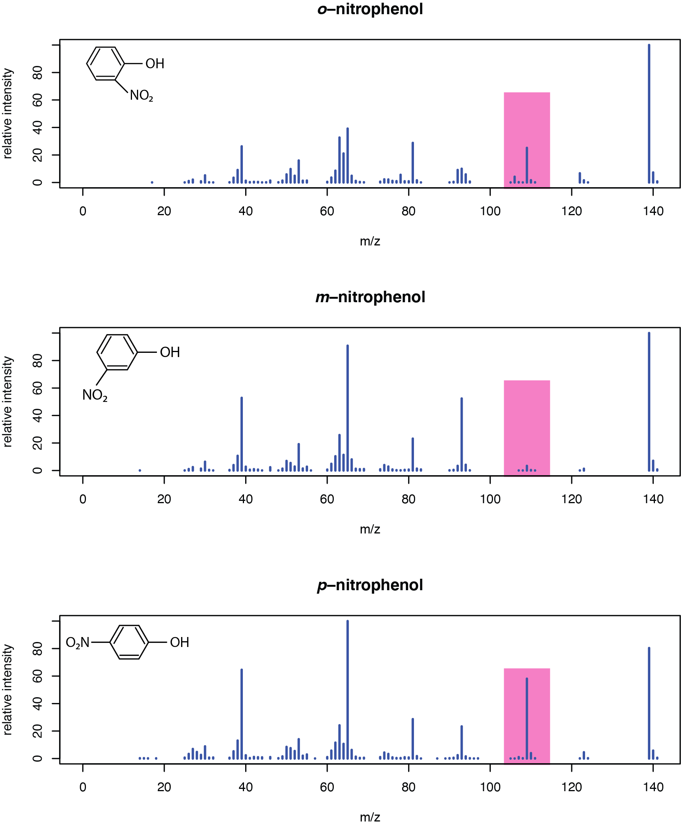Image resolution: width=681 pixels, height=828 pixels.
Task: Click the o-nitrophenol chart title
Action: (370, 9)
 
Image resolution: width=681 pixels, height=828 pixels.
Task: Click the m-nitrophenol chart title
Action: (370, 297)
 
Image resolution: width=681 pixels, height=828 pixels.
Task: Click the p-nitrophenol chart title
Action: (370, 585)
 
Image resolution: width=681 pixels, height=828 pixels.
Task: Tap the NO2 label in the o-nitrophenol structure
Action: (141, 95)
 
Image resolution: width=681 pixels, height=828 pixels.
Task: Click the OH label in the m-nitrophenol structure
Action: (170, 352)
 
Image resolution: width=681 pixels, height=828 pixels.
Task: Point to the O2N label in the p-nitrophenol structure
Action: (77, 642)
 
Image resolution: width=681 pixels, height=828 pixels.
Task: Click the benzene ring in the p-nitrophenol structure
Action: (129, 642)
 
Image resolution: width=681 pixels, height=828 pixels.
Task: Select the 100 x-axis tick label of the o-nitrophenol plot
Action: (490, 211)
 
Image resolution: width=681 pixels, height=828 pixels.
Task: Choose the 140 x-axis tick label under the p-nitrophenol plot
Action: (653, 787)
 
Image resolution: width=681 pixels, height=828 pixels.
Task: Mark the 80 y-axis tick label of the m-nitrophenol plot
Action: (37, 361)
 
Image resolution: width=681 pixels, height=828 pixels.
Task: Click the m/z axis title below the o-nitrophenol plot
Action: (370, 241)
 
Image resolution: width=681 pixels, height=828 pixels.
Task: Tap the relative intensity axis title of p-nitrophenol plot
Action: (7, 690)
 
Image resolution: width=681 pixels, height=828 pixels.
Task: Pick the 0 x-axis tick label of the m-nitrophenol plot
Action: (83, 499)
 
